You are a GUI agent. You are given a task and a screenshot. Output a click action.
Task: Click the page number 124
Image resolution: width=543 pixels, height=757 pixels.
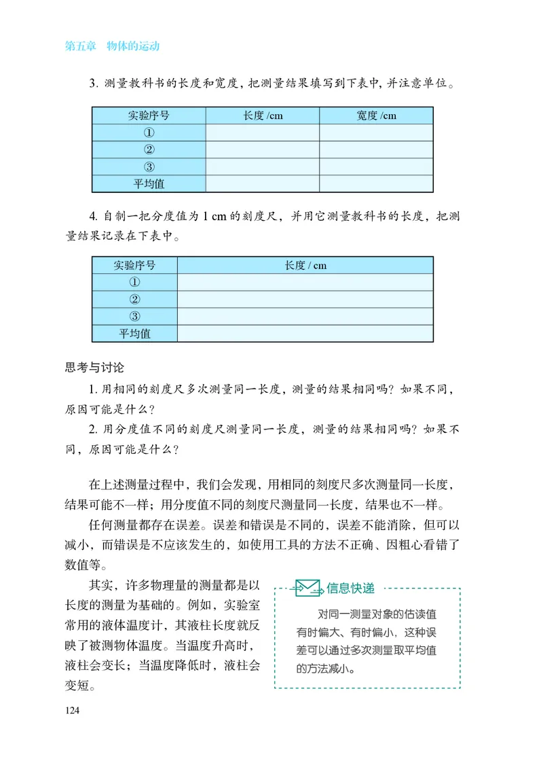coord(73,711)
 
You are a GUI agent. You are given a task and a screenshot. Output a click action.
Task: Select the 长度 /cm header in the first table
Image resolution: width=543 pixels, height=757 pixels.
coord(263,116)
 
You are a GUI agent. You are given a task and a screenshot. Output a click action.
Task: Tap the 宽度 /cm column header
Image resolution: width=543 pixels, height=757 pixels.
coord(376,116)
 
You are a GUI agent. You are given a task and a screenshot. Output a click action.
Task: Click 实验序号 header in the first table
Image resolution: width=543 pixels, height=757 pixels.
coord(149,116)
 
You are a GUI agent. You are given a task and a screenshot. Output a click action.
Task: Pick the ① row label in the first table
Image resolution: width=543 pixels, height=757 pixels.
coord(149,133)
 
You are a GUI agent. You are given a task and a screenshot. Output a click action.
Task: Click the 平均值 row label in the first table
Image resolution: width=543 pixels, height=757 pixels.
coord(149,183)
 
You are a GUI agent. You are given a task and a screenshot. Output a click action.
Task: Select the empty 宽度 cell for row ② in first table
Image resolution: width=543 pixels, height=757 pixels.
coord(376,149)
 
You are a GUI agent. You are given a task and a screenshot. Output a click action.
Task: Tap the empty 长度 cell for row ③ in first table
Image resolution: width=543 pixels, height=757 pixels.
coord(263,166)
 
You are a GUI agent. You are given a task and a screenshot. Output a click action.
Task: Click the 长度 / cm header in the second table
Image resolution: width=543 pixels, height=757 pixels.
coord(305,265)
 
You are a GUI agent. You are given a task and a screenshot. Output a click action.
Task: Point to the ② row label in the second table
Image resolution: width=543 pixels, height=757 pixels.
coord(134,299)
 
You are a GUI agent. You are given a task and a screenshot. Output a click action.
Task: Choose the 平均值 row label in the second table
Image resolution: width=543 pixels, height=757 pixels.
coord(134,333)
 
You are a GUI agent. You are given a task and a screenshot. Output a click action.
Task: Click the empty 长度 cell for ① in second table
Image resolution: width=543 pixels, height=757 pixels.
coord(305,282)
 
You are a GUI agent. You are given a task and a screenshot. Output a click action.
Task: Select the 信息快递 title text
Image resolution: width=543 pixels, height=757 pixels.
coord(350,587)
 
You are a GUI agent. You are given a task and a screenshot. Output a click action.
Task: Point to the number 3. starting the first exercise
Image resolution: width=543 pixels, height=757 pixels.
coord(94,84)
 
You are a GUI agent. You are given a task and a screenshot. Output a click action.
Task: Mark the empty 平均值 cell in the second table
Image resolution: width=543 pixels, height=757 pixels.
coord(305,333)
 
